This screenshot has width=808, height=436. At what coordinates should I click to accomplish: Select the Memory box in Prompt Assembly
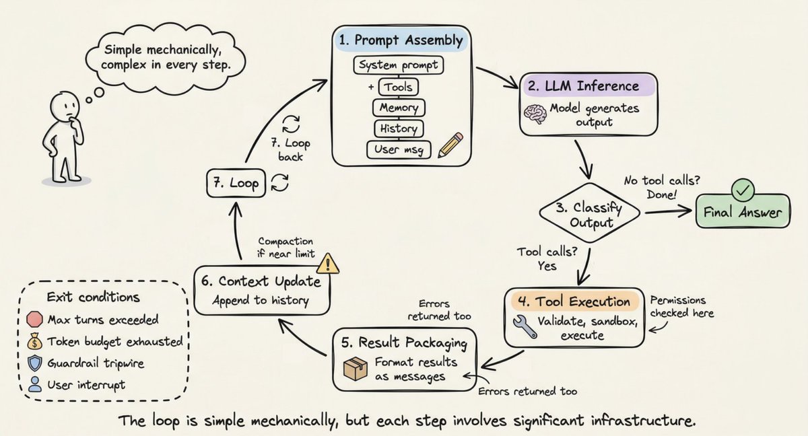point(398,108)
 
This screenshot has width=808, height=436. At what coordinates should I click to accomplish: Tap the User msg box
point(398,149)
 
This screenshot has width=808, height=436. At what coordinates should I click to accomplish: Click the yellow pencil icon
point(450,145)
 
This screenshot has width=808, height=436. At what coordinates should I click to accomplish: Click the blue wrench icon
point(525,327)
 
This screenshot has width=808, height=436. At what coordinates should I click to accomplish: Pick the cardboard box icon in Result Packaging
point(356,367)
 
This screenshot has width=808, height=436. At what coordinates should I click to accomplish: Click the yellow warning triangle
point(327,263)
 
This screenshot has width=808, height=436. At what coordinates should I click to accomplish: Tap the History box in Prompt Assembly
point(398,129)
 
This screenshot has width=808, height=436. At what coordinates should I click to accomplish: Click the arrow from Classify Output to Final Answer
point(669,211)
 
